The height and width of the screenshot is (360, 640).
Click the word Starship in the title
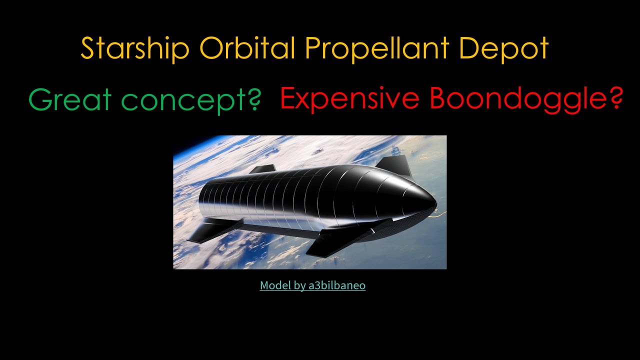[134, 48]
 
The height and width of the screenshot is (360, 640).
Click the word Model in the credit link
[275, 285]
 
